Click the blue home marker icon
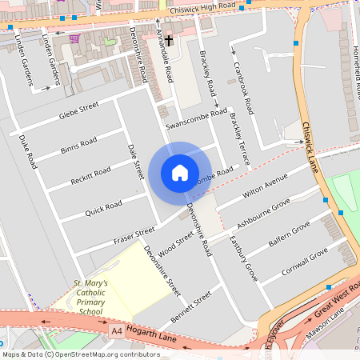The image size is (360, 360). (180, 173)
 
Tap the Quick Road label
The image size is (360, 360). (103, 208)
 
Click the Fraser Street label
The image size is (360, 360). (134, 234)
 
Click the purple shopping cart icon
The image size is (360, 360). (74, 38)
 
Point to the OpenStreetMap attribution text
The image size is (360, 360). (80, 354)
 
